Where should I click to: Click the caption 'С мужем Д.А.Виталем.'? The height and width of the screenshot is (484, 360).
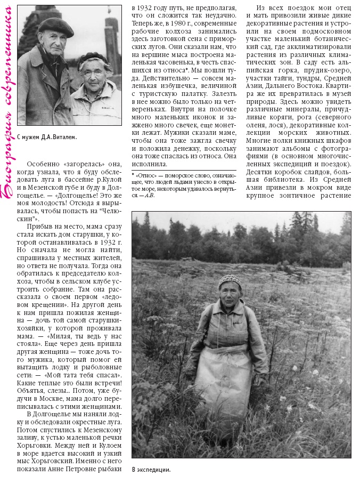[x=47, y=137]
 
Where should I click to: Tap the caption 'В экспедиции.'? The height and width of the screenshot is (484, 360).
[x=151, y=470]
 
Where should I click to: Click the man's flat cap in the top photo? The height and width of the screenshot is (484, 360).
[x=55, y=26]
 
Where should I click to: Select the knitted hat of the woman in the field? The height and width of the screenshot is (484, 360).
[x=229, y=281]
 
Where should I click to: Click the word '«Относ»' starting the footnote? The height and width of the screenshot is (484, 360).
[x=146, y=174]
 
